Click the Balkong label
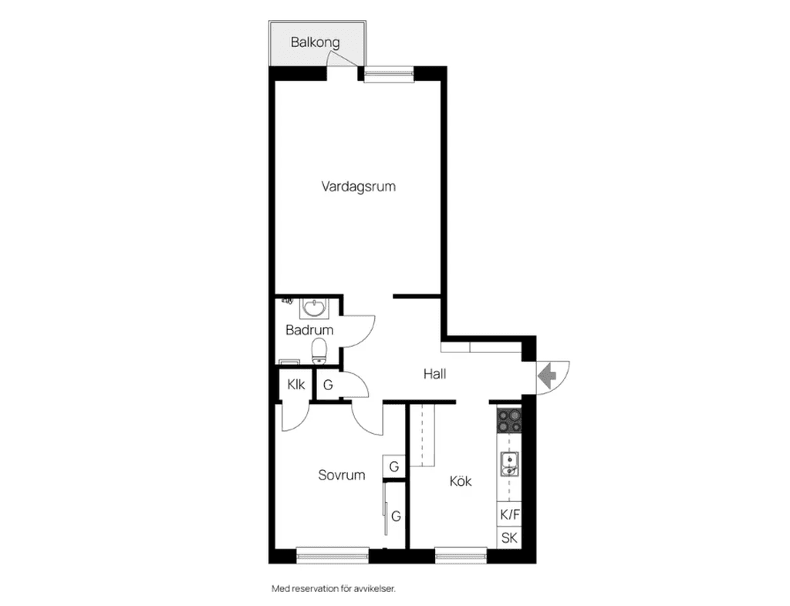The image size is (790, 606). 315,42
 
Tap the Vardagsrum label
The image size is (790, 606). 358,187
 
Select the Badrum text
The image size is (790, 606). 309,330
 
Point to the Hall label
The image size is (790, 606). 435,374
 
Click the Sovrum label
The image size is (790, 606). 342,475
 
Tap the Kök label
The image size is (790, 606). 461,481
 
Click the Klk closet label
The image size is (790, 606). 296,385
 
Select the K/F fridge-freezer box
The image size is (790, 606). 509,514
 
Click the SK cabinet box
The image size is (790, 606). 509,537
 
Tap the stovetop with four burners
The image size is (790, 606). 509,421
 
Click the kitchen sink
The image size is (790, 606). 510,464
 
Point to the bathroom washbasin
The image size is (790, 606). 315,308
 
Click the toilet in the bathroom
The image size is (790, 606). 319,351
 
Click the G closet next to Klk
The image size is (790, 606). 328,385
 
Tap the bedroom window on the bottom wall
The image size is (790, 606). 333,556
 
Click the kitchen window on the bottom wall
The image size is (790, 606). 461,556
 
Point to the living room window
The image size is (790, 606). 389,74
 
